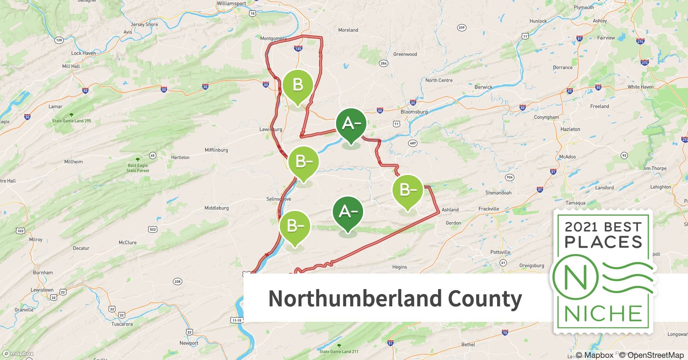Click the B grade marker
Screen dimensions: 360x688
tap(298, 85)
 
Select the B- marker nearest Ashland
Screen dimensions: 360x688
tap(408, 190)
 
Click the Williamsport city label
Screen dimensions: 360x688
tap(231, 4)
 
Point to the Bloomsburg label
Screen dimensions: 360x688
tap(414, 112)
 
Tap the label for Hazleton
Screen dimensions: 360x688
tap(570, 129)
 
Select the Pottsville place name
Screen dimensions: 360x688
tap(500, 252)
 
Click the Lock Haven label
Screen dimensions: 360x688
tap(84, 53)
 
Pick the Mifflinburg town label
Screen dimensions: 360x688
tap(216, 150)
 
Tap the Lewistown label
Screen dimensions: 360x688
tap(42, 290)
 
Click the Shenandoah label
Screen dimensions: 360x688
tap(498, 193)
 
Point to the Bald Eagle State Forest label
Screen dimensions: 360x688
tap(138, 168)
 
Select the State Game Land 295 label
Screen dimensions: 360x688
tap(72, 121)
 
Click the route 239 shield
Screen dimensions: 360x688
tap(461, 28)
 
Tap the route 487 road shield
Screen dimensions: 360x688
tap(413, 143)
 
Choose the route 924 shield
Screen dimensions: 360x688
tap(509, 177)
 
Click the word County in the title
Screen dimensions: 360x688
tap(485, 299)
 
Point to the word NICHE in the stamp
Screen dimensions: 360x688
tap(603, 314)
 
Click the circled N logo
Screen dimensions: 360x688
tap(575, 277)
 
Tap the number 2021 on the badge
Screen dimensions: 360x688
tap(582, 227)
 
